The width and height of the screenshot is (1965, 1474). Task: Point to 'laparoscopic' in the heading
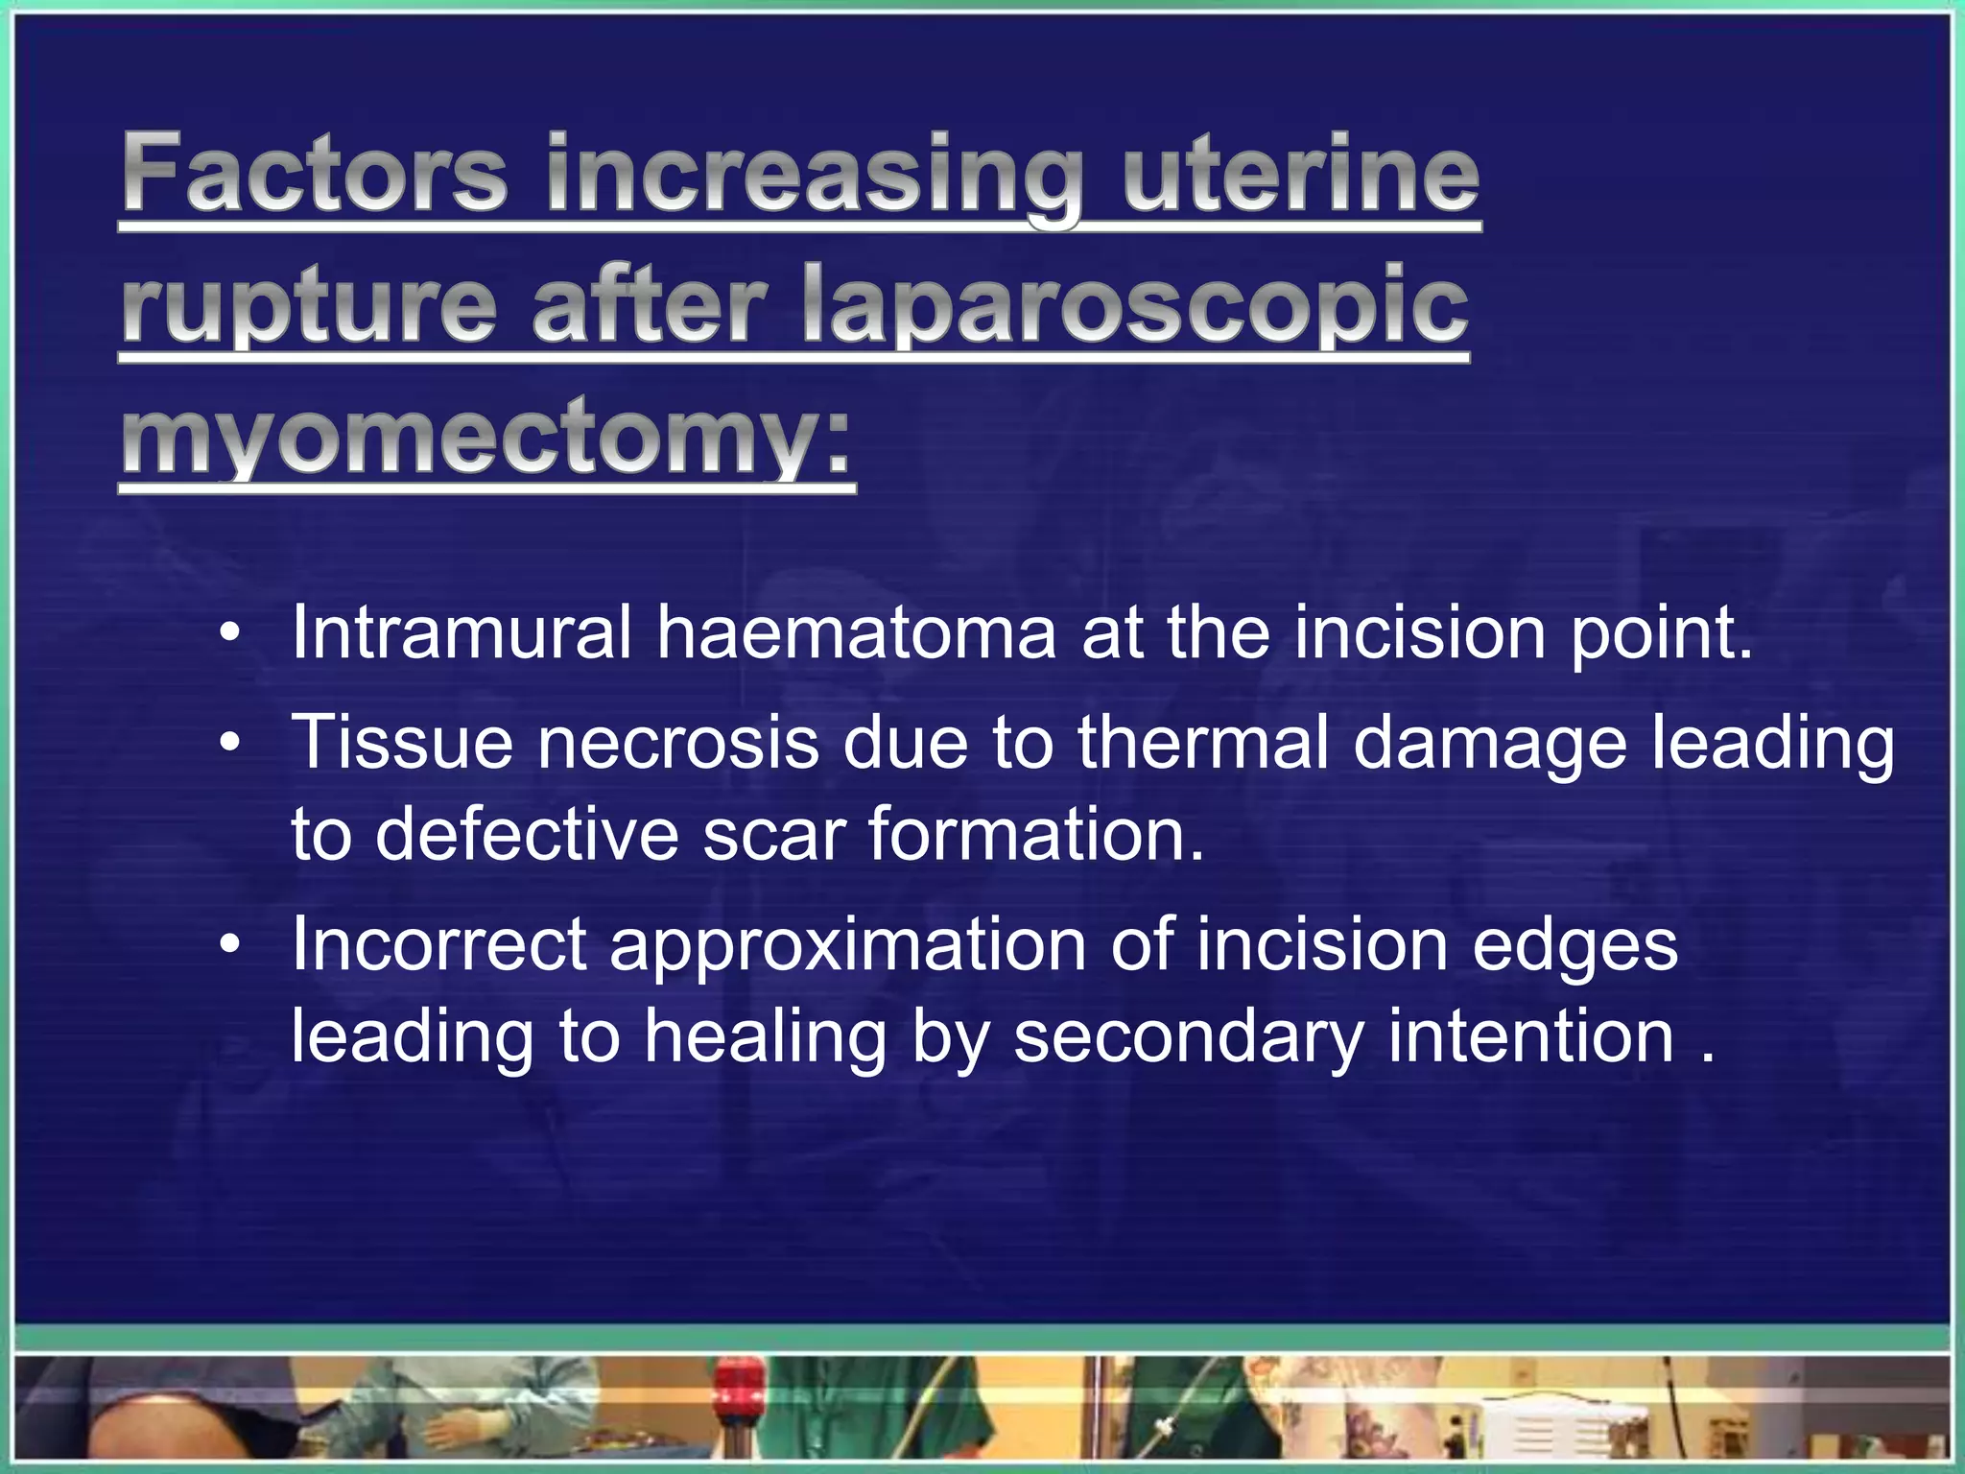pyautogui.click(x=1134, y=305)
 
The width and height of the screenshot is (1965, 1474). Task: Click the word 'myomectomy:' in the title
pyautogui.click(x=485, y=437)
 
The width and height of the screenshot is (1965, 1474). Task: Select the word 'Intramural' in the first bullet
pyautogui.click(x=462, y=632)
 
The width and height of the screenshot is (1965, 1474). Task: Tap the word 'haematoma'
pyautogui.click(x=856, y=632)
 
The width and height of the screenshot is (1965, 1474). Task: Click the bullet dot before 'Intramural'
pyautogui.click(x=228, y=634)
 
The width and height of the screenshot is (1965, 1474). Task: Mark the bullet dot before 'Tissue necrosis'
pyautogui.click(x=228, y=744)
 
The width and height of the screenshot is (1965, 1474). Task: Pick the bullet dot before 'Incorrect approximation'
pyautogui.click(x=228, y=946)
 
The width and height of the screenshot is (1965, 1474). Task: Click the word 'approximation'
pyautogui.click(x=848, y=945)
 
